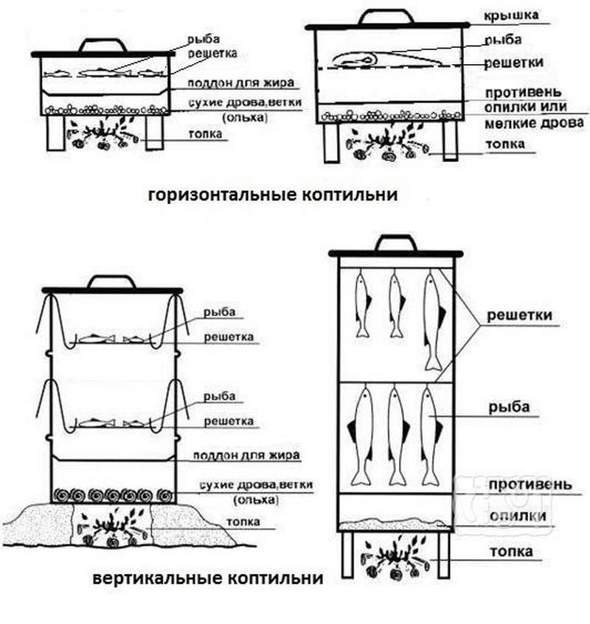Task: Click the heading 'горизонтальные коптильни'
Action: [x=272, y=195]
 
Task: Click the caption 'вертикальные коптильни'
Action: [x=208, y=579]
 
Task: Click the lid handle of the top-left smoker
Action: [x=103, y=46]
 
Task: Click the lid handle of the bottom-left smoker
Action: [x=111, y=282]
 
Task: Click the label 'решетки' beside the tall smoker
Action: [x=520, y=316]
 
